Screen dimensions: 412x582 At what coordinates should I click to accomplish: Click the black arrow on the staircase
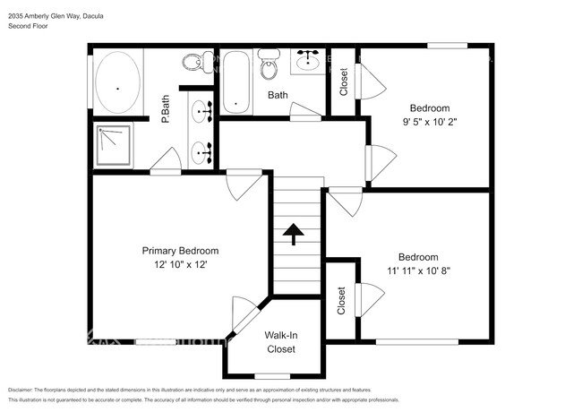[x=294, y=235]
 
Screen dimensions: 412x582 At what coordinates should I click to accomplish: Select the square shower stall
[x=115, y=145]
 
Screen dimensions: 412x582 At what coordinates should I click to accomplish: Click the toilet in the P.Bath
[x=191, y=63]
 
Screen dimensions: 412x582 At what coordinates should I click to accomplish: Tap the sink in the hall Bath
[x=309, y=60]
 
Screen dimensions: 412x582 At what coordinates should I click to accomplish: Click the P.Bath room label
[x=166, y=109]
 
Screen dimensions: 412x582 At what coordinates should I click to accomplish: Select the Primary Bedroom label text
[x=180, y=251]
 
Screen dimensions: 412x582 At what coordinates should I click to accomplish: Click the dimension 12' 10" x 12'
[x=180, y=266]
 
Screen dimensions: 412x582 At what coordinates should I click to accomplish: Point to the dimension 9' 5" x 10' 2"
[x=430, y=123]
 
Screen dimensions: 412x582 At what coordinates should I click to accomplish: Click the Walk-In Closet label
[x=280, y=342]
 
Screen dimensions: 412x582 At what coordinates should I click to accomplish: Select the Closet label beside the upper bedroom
[x=345, y=82]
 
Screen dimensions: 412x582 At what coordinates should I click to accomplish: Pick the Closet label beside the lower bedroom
[x=341, y=300]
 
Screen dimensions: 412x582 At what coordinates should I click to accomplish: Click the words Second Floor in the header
[x=28, y=27]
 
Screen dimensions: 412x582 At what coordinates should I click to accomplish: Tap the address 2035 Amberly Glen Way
[x=47, y=15]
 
